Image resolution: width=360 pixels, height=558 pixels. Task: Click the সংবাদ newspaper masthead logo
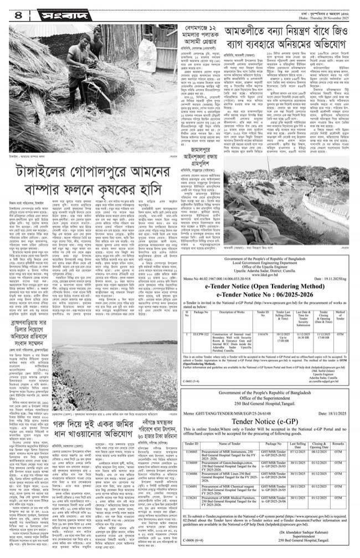(x=61, y=13)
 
